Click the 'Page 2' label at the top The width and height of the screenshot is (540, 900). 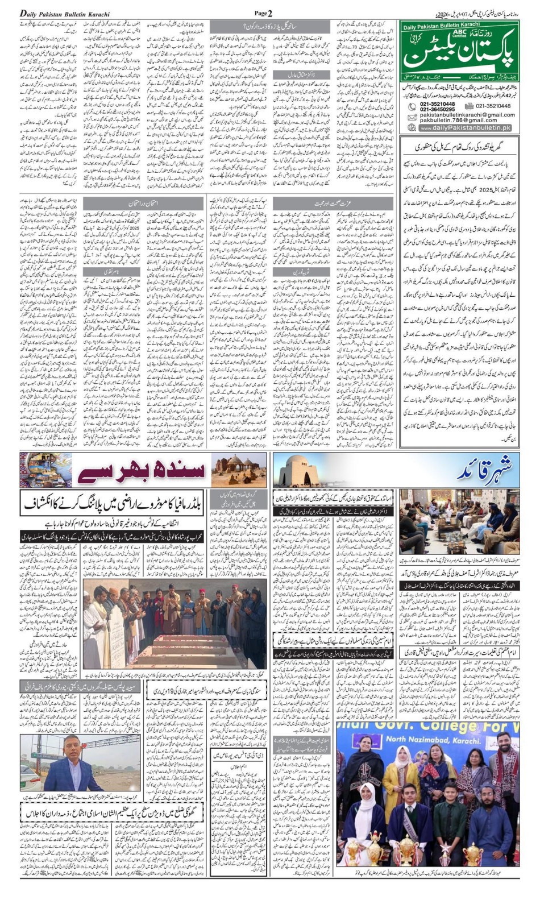[x=263, y=13]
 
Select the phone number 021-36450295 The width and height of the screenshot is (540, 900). [x=437, y=110]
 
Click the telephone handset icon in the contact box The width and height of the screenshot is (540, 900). [x=413, y=107]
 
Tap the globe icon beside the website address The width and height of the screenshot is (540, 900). [x=413, y=128]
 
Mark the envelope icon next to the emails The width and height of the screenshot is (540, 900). [x=413, y=117]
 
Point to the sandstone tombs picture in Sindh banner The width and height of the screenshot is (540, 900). [x=239, y=470]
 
